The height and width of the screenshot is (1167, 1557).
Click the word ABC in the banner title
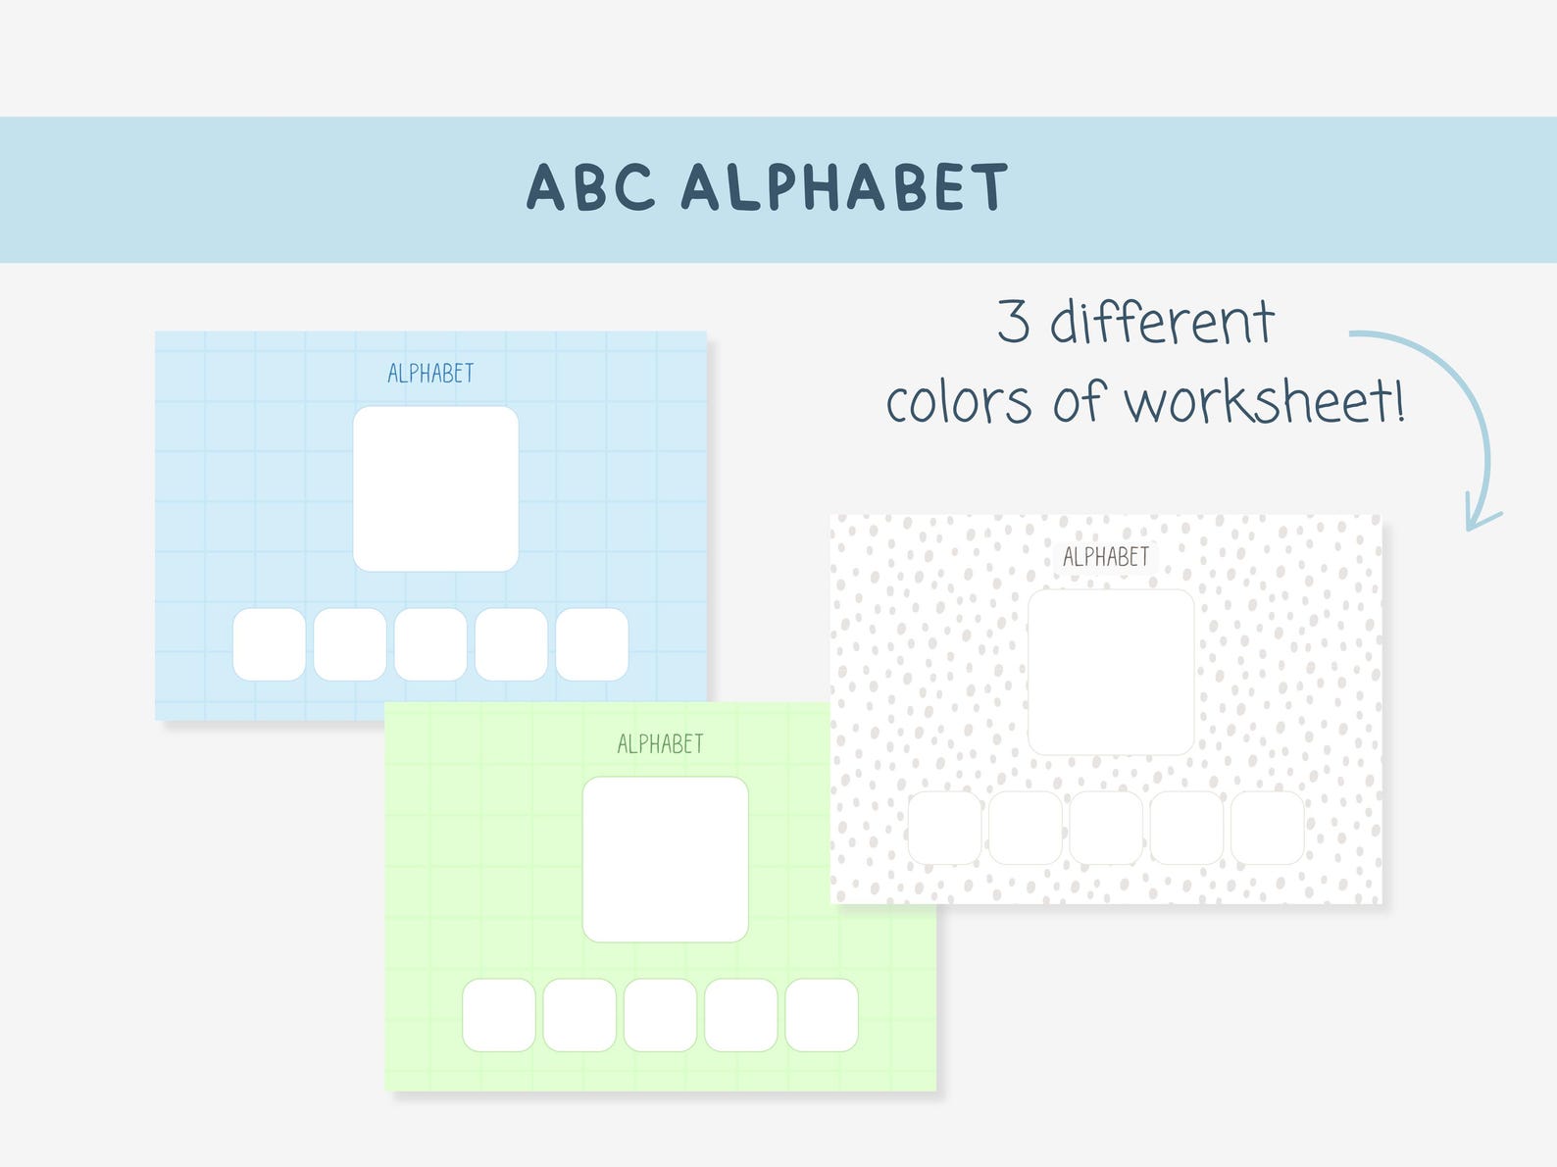point(590,186)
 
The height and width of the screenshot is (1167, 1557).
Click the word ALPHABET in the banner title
point(844,186)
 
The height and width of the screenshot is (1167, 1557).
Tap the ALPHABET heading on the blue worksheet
point(430,374)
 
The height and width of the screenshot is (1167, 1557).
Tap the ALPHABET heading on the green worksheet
point(660,744)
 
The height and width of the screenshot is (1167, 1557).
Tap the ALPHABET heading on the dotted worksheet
point(1106,557)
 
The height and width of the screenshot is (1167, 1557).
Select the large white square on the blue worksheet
point(435,488)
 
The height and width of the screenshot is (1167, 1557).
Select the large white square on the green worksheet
point(665,859)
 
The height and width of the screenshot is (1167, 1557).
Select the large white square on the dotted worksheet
point(1110,672)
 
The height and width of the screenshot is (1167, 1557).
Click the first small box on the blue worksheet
point(269,644)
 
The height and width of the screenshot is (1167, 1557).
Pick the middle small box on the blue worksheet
point(430,644)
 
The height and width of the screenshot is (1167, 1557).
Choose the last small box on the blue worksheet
point(591,644)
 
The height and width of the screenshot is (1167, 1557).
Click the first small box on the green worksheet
point(499,1015)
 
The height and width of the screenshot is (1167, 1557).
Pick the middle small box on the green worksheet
point(660,1015)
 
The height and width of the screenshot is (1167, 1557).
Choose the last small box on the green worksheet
point(822,1015)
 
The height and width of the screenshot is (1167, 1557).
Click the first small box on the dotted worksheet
point(944,828)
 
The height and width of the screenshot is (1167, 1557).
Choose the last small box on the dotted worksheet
point(1267,828)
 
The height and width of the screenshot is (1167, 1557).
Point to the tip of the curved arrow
point(1472,529)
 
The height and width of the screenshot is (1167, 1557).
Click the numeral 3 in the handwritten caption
point(1014,321)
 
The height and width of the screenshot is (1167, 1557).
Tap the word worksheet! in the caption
point(1265,401)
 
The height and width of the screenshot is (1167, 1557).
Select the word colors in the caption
point(959,403)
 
